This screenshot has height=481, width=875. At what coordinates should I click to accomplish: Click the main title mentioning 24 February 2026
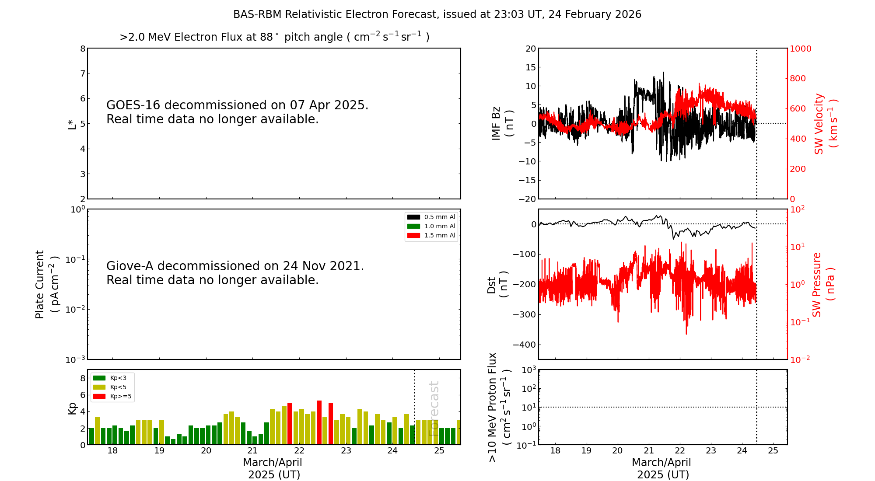tap(437, 14)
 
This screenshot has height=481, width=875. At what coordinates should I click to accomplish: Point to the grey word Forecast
tap(434, 408)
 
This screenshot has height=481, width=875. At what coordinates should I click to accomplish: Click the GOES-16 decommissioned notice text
tap(237, 112)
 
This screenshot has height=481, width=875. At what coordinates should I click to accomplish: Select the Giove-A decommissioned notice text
tap(235, 273)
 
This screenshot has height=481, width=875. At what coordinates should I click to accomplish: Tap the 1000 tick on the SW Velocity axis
tap(800, 49)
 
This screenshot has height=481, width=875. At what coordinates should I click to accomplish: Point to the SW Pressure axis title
tap(823, 284)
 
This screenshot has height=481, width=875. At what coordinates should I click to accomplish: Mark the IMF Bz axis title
tap(502, 123)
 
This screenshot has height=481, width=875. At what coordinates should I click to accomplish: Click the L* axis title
tap(72, 123)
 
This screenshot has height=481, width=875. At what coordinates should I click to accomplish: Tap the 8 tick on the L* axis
tap(83, 49)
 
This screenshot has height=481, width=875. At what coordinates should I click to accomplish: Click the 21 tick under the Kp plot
tap(252, 451)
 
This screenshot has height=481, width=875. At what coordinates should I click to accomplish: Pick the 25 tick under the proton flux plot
tap(773, 451)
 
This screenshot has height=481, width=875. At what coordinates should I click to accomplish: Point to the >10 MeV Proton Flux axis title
tap(499, 407)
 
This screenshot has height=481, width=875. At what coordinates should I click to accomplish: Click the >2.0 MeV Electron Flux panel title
tap(274, 37)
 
